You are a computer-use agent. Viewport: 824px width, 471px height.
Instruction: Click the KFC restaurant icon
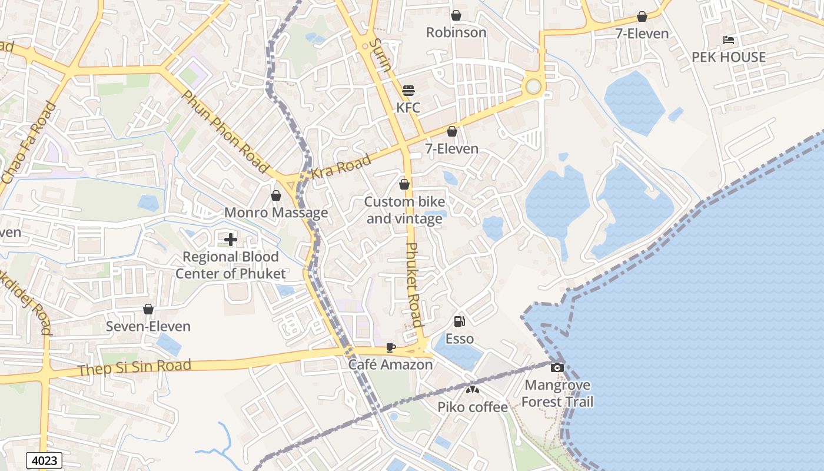coord(408,91)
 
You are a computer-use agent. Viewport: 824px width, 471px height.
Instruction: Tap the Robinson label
coord(456,32)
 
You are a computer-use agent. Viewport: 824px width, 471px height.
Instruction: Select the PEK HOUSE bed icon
coord(729,40)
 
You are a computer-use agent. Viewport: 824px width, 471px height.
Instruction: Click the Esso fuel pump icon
coord(460,321)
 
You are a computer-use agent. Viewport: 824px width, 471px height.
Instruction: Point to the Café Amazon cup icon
coord(390,347)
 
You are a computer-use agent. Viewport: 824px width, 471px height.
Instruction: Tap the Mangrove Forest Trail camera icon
coord(557,368)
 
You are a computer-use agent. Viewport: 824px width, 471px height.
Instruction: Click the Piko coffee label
coord(472,407)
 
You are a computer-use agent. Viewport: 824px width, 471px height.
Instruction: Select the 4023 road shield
coord(44,460)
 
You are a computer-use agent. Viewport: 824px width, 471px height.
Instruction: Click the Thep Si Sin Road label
coord(134,367)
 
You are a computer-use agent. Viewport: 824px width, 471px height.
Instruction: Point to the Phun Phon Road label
coord(225,131)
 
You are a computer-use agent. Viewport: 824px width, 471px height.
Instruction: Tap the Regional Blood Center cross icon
coord(231,240)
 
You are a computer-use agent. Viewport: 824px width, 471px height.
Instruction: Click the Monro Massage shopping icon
coord(276,195)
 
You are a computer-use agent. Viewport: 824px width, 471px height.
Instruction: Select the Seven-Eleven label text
coord(148,327)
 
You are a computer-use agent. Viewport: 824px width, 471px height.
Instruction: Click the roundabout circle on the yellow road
coord(533,87)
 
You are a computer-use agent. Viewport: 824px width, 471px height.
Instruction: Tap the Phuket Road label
coord(414,284)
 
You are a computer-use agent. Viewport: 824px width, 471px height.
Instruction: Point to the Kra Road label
coord(341,166)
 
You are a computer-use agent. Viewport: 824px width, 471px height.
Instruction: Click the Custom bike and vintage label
coord(404,210)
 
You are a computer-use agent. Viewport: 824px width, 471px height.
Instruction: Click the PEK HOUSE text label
coord(729,57)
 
